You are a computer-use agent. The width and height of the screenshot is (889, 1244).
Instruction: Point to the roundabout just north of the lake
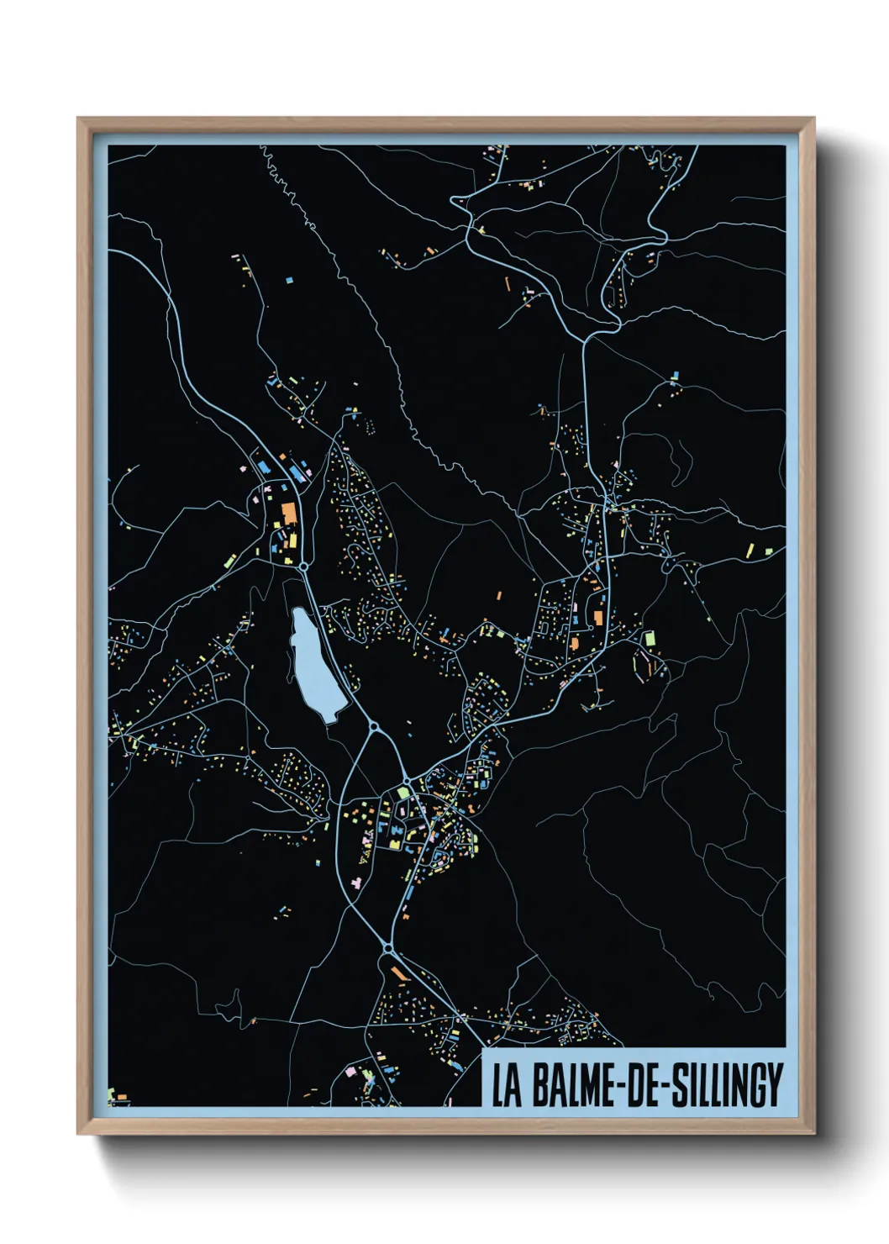click(303, 567)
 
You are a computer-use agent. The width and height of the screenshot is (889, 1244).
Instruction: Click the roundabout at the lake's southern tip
click(374, 725)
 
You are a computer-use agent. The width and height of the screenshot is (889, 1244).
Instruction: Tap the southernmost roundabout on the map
click(387, 948)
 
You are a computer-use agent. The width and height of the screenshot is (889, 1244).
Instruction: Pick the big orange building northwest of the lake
click(287, 513)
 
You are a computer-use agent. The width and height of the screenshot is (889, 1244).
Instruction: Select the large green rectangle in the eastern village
click(648, 639)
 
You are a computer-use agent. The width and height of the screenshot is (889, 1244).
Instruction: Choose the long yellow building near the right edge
click(750, 551)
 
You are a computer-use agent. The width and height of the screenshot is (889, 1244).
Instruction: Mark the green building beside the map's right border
click(767, 551)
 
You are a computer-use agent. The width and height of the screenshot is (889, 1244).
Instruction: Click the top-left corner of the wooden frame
click(79, 119)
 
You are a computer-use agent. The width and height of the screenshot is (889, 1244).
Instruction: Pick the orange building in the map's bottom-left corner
click(120, 1098)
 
